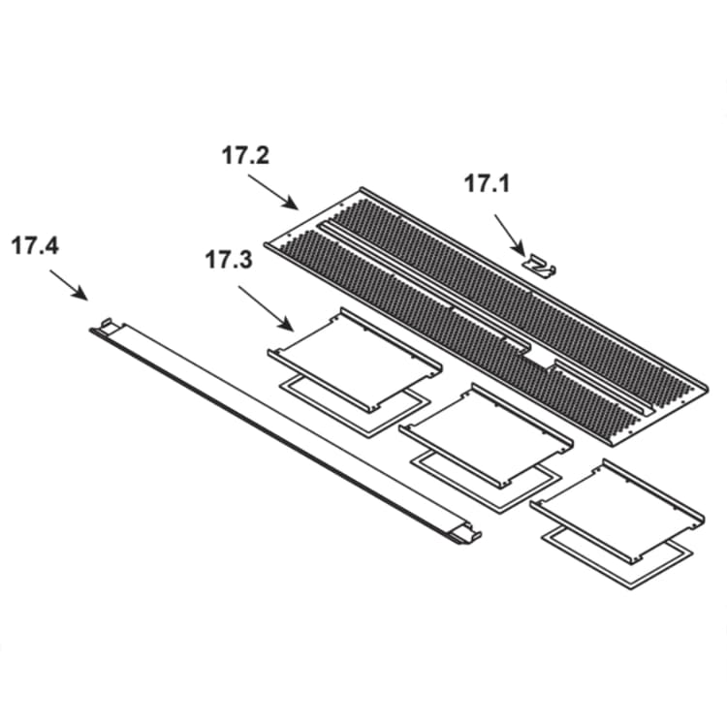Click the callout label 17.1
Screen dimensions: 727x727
coord(487,183)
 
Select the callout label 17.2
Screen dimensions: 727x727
coord(245,155)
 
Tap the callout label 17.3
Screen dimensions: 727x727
coord(229,260)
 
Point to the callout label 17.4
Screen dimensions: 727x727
coord(35,245)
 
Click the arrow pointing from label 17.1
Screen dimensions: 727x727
coord(510,235)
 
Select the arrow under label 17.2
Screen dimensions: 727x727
coord(272,192)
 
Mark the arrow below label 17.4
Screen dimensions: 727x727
coord(68,285)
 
